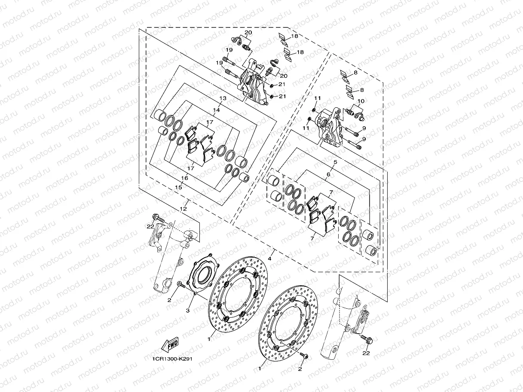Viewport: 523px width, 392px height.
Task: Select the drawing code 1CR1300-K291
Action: [x=171, y=360]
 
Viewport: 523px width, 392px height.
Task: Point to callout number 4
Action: [x=270, y=258]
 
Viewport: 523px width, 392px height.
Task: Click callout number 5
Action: [x=335, y=162]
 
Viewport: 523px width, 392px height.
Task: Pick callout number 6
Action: [x=328, y=174]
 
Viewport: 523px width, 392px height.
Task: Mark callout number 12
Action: [x=183, y=208]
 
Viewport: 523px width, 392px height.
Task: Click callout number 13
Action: [x=222, y=98]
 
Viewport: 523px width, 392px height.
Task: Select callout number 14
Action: [x=216, y=110]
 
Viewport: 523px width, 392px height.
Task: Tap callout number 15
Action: [x=178, y=187]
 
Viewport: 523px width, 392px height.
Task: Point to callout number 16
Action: [x=184, y=178]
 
